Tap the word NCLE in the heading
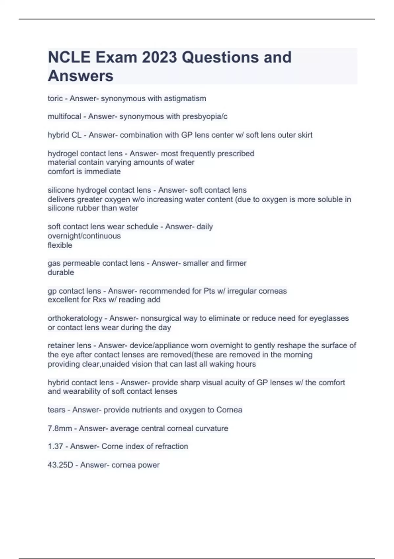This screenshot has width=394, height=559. tap(69, 57)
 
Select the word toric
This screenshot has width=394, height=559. tap(55, 98)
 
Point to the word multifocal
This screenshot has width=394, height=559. tap(64, 116)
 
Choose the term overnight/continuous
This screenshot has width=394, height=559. tap(84, 236)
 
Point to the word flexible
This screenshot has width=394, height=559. tap(60, 245)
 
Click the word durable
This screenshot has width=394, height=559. tap(61, 273)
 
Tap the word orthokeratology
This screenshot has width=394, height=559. tap(75, 318)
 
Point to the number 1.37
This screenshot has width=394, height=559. tap(55, 447)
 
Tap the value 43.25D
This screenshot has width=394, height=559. tap(60, 465)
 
